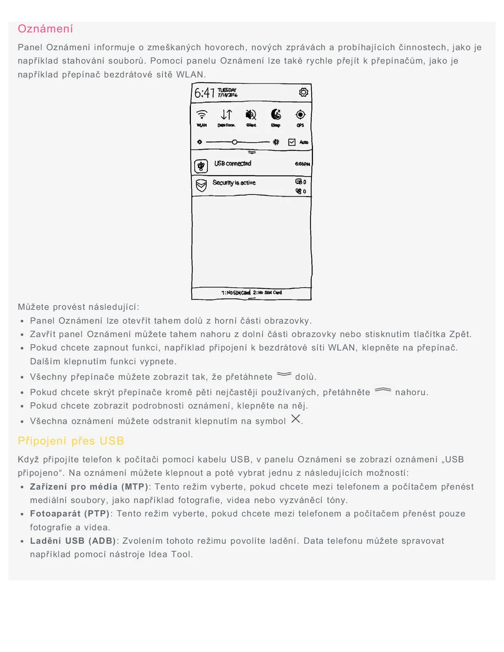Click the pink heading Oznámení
[45, 29]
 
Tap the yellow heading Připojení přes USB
[71, 441]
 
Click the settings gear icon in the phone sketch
[303, 92]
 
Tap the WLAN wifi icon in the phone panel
[202, 115]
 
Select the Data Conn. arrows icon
[227, 115]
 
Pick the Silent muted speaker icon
[251, 115]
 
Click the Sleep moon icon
[276, 115]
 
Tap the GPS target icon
[300, 115]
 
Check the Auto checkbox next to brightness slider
[292, 142]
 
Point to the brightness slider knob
[235, 142]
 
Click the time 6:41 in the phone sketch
[204, 93]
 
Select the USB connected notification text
[232, 164]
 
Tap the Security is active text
[234, 183]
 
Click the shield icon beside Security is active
[201, 185]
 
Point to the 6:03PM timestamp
[302, 164]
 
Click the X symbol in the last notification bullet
[295, 419]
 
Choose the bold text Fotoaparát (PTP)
[70, 514]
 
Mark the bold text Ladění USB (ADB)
[73, 541]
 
